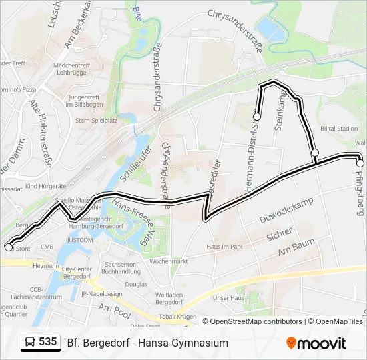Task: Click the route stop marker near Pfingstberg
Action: [x=360, y=163]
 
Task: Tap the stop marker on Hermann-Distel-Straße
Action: [x=256, y=117]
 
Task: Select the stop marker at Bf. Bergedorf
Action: [x=9, y=247]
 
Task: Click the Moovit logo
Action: [x=316, y=343]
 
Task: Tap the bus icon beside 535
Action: [x=29, y=343]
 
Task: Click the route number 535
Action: [x=48, y=342]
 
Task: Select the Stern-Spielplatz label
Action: [x=97, y=121]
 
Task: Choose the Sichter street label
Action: [x=279, y=234]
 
